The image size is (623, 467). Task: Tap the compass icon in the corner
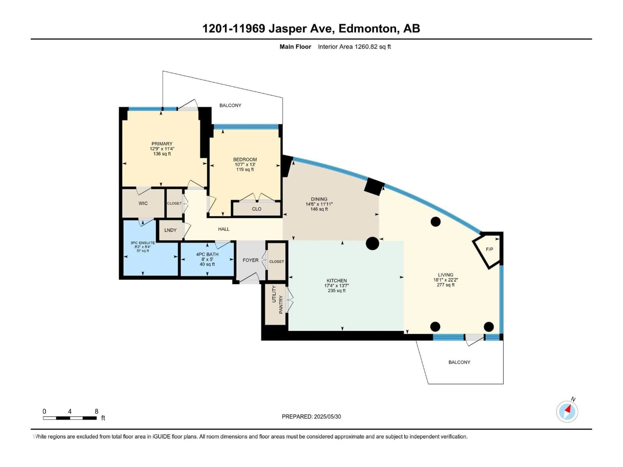[567, 412]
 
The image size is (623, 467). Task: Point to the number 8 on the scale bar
[96, 411]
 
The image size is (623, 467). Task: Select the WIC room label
[143, 203]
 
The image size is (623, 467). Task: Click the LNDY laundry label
[170, 230]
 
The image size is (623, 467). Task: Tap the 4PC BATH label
[207, 254]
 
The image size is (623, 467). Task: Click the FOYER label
[250, 260]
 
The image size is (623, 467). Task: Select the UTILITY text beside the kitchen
[274, 294]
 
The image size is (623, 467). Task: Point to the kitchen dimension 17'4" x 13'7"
[337, 285]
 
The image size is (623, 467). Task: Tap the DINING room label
[319, 199]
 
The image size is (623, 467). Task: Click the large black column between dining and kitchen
[372, 243]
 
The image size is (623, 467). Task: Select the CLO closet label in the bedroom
[256, 209]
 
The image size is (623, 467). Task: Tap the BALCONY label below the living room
[459, 362]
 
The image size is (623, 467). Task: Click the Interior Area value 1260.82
[366, 47]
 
